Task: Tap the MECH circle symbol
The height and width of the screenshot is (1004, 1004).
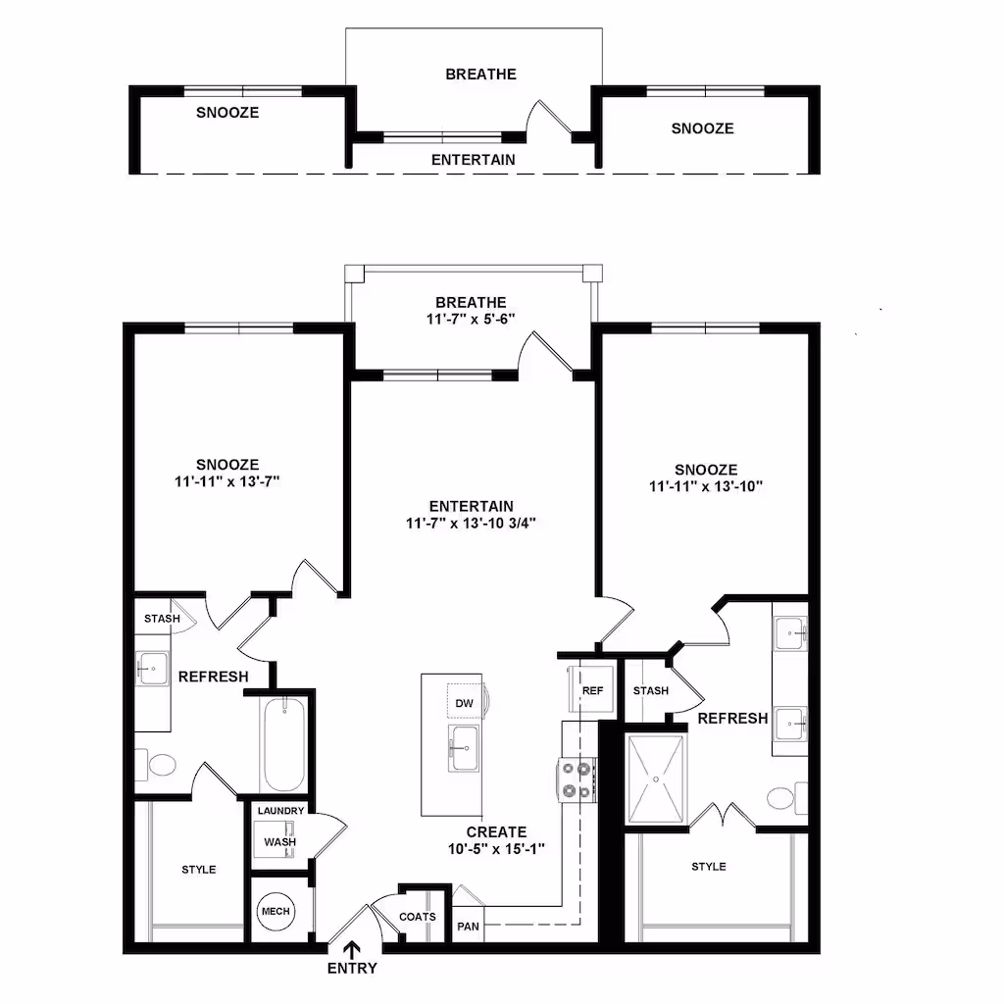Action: click(x=276, y=911)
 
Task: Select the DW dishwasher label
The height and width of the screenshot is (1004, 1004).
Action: click(x=464, y=703)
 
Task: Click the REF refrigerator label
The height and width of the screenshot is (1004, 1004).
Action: click(x=593, y=690)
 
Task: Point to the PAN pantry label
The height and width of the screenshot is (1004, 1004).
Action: click(x=468, y=927)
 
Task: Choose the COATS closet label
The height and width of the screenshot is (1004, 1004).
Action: click(x=418, y=917)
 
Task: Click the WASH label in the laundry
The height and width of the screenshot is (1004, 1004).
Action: click(x=280, y=842)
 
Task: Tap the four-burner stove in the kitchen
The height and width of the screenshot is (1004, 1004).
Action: click(x=577, y=779)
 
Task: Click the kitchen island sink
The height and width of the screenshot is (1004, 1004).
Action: click(x=464, y=748)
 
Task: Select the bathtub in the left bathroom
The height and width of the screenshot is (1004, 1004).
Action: click(x=285, y=745)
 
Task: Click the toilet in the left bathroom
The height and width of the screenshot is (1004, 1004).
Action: click(x=155, y=765)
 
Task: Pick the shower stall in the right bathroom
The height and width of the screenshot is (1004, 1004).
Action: click(x=656, y=778)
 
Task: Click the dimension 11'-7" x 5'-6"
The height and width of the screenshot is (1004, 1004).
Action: click(x=472, y=319)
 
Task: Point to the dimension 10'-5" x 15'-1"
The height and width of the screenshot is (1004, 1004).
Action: click(x=496, y=849)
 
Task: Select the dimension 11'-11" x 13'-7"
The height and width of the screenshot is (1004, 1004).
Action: click(x=227, y=481)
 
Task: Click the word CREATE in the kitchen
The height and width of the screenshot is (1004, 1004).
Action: click(x=496, y=832)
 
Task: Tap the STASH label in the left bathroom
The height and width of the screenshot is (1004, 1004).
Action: click(x=162, y=619)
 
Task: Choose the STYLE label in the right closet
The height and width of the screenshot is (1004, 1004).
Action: click(x=709, y=867)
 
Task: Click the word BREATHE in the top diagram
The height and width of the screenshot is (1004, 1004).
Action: click(x=480, y=75)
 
